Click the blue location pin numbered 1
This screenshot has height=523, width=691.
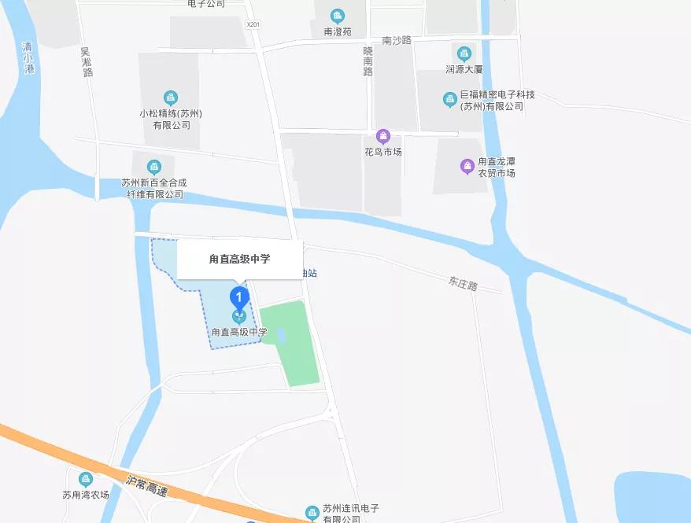(x=239, y=298)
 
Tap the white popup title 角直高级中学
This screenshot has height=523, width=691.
(x=239, y=259)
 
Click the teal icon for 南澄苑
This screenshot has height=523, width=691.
(x=338, y=17)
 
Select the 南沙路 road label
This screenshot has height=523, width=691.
(x=397, y=40)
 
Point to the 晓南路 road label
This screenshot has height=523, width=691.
(x=368, y=61)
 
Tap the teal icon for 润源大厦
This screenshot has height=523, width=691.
(x=464, y=53)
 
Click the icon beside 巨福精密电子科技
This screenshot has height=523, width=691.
(x=449, y=100)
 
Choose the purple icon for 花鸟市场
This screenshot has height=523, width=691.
(x=383, y=136)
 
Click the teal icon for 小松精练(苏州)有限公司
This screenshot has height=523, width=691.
(x=170, y=98)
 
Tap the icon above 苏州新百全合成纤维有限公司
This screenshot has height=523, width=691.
(x=154, y=167)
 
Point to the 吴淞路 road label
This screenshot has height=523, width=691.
(x=87, y=61)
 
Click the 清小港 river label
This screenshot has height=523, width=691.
(x=29, y=57)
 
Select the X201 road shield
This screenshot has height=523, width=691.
(x=253, y=24)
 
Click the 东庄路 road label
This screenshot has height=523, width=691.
(x=463, y=283)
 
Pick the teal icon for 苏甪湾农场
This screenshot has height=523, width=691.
(x=86, y=479)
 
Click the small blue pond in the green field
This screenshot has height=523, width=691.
(x=280, y=335)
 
